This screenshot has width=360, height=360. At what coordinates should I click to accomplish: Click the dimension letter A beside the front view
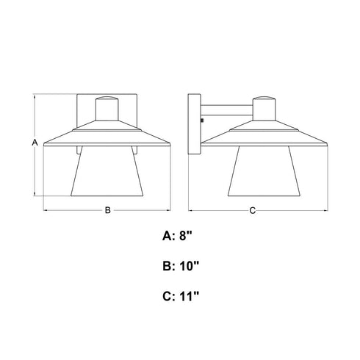[x=35, y=143]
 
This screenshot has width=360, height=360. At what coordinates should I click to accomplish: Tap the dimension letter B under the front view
[x=108, y=210]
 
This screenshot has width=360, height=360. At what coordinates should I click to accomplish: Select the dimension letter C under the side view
[x=253, y=210]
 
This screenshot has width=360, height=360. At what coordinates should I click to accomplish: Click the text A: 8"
[x=177, y=236]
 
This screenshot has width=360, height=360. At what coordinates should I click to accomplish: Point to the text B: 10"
[x=181, y=266]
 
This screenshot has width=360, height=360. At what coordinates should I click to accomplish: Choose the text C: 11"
[x=181, y=296]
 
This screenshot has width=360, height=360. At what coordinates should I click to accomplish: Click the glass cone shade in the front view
[x=107, y=171]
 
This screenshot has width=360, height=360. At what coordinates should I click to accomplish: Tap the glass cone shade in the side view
[x=264, y=171]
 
